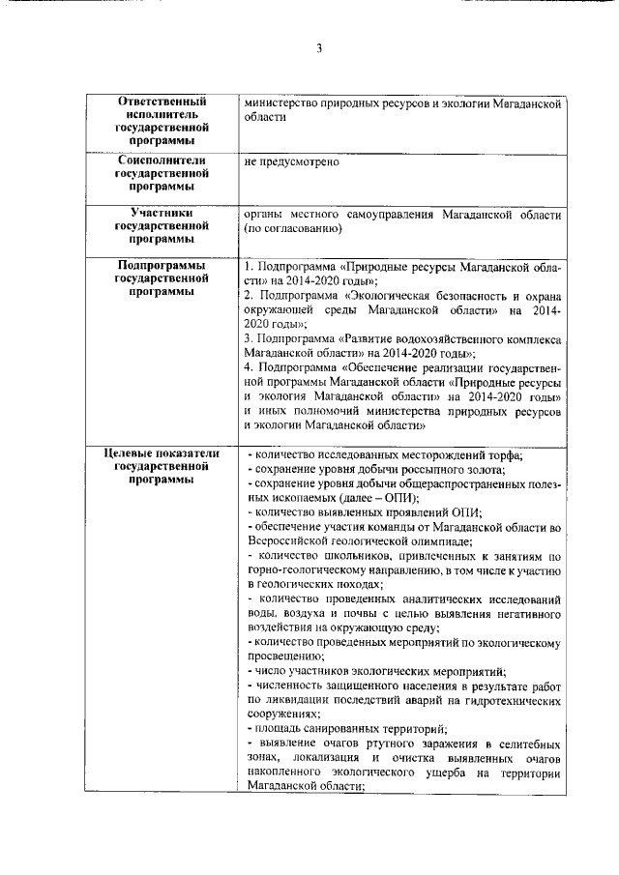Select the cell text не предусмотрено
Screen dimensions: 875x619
pyautogui.click(x=292, y=161)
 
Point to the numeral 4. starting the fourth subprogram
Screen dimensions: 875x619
pyautogui.click(x=250, y=367)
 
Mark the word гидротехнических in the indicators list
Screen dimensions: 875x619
pyautogui.click(x=506, y=700)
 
